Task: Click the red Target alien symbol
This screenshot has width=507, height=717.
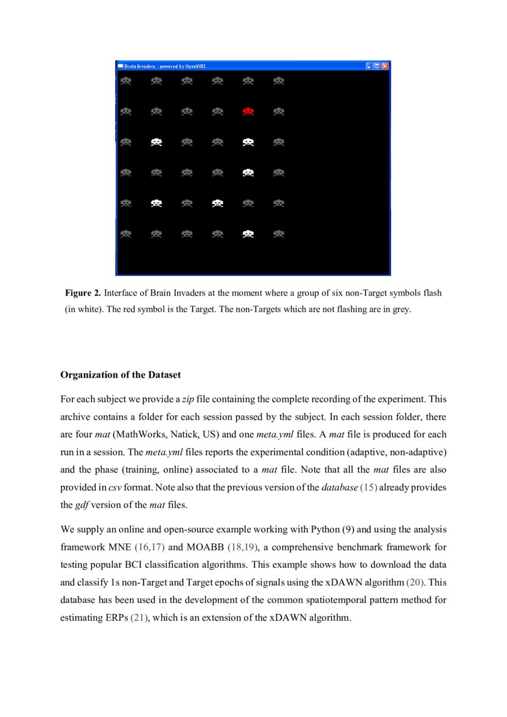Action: (248, 112)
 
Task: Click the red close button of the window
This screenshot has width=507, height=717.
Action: (386, 66)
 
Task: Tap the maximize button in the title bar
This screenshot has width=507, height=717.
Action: (378, 66)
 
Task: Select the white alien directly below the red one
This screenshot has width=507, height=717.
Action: (248, 142)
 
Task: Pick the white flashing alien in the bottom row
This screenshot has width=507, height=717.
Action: (248, 234)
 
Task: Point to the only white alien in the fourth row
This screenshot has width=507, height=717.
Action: (248, 173)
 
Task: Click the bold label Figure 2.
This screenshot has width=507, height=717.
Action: (81, 293)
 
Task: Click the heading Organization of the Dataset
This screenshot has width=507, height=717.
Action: (120, 375)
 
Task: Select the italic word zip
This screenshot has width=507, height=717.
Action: (188, 399)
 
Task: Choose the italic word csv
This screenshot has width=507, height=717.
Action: (115, 488)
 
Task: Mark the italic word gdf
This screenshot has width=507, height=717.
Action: (82, 505)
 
